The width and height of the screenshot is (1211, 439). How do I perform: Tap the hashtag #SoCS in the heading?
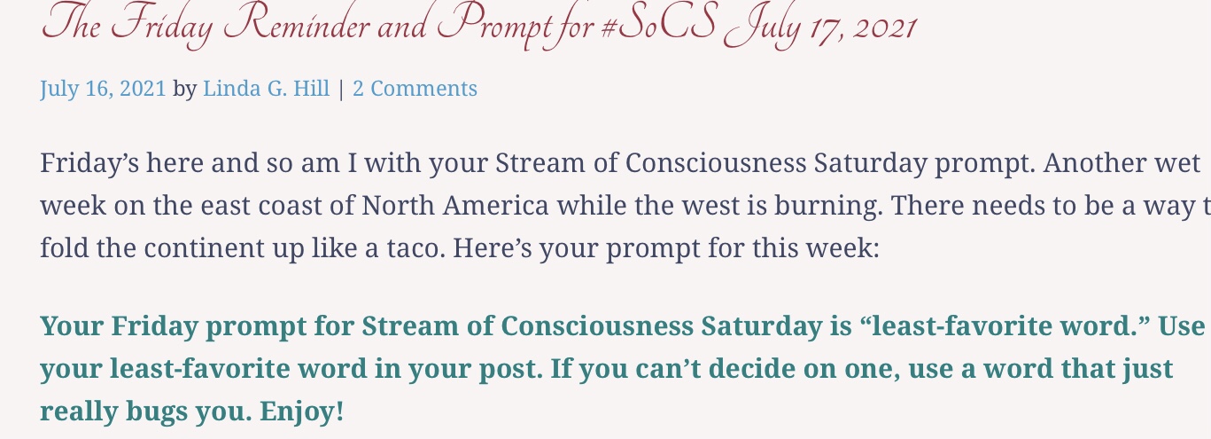coord(658,23)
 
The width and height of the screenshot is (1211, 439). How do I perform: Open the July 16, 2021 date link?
coord(103,88)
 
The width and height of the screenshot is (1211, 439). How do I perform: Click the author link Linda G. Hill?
coord(266,88)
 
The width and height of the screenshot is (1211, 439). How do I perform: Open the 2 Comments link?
coord(415,88)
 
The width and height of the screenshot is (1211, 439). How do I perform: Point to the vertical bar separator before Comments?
coord(340,89)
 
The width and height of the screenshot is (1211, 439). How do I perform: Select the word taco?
coord(415,248)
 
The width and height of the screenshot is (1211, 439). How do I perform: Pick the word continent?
coord(212,248)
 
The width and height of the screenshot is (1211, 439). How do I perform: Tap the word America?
coord(495,206)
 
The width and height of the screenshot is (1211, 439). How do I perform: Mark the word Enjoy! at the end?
coord(302,412)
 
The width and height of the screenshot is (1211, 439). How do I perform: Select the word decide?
coord(751,369)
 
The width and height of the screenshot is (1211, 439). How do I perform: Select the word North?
coord(398,206)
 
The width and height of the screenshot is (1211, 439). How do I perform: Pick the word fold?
coord(65,248)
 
